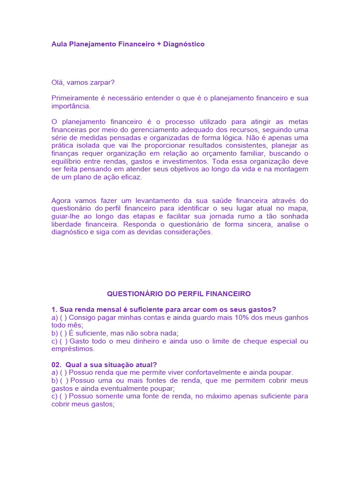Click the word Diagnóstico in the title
coord(183,44)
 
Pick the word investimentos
coord(182,162)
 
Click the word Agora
coord(61,201)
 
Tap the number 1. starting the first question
coord(54,309)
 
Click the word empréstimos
coord(73,349)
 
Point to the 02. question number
coord(57,365)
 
